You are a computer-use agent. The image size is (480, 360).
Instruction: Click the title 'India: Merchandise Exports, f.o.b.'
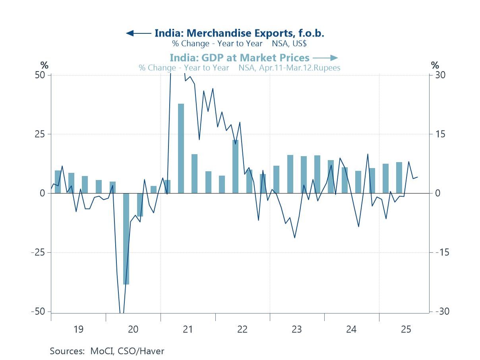click(239, 33)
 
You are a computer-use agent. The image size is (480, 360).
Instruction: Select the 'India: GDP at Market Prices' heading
click(239, 58)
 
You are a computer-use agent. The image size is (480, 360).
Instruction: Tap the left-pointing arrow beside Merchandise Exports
click(138, 33)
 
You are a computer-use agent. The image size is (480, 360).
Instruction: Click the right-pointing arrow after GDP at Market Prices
click(325, 58)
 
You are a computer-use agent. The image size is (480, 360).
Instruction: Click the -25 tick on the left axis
click(39, 252)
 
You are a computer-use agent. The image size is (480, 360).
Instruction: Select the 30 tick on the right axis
click(439, 75)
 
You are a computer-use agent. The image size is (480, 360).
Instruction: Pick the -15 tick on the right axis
click(439, 252)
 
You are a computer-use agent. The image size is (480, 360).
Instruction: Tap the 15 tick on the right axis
click(439, 134)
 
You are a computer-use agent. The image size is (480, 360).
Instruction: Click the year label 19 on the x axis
click(78, 329)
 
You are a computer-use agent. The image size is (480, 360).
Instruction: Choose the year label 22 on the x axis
click(242, 329)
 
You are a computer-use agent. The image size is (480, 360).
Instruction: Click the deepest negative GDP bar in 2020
click(126, 238)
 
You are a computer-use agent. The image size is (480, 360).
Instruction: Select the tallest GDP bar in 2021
click(181, 148)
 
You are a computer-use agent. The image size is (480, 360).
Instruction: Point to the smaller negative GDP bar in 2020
click(140, 205)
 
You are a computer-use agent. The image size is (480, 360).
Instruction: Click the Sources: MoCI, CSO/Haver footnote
click(107, 351)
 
